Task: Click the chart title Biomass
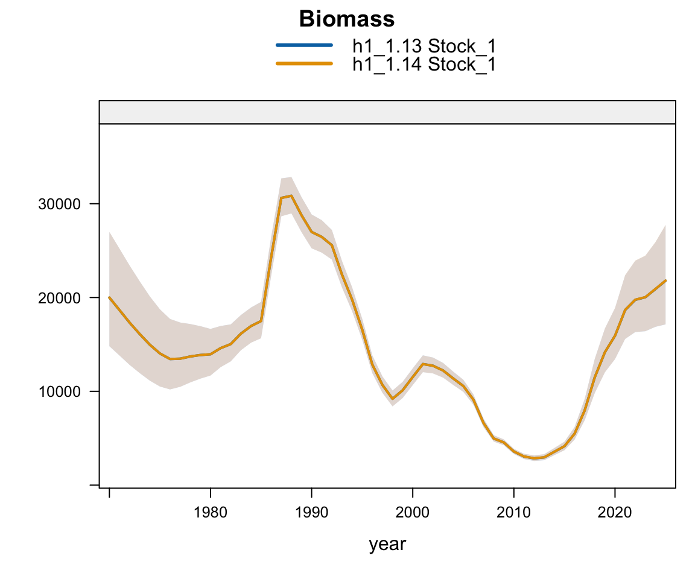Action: click(347, 19)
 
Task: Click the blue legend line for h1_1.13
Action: click(304, 45)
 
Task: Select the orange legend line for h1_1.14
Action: click(304, 63)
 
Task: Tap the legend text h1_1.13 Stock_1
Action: click(424, 45)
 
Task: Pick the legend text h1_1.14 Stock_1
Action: click(424, 64)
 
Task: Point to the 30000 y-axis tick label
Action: click(56, 204)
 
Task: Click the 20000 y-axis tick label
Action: click(56, 298)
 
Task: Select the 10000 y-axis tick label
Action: click(56, 391)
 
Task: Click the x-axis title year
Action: click(387, 545)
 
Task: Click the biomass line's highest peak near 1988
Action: click(291, 196)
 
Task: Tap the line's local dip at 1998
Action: click(392, 399)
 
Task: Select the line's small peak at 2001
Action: click(423, 364)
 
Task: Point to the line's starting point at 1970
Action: click(109, 297)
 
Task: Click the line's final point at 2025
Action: click(665, 280)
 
